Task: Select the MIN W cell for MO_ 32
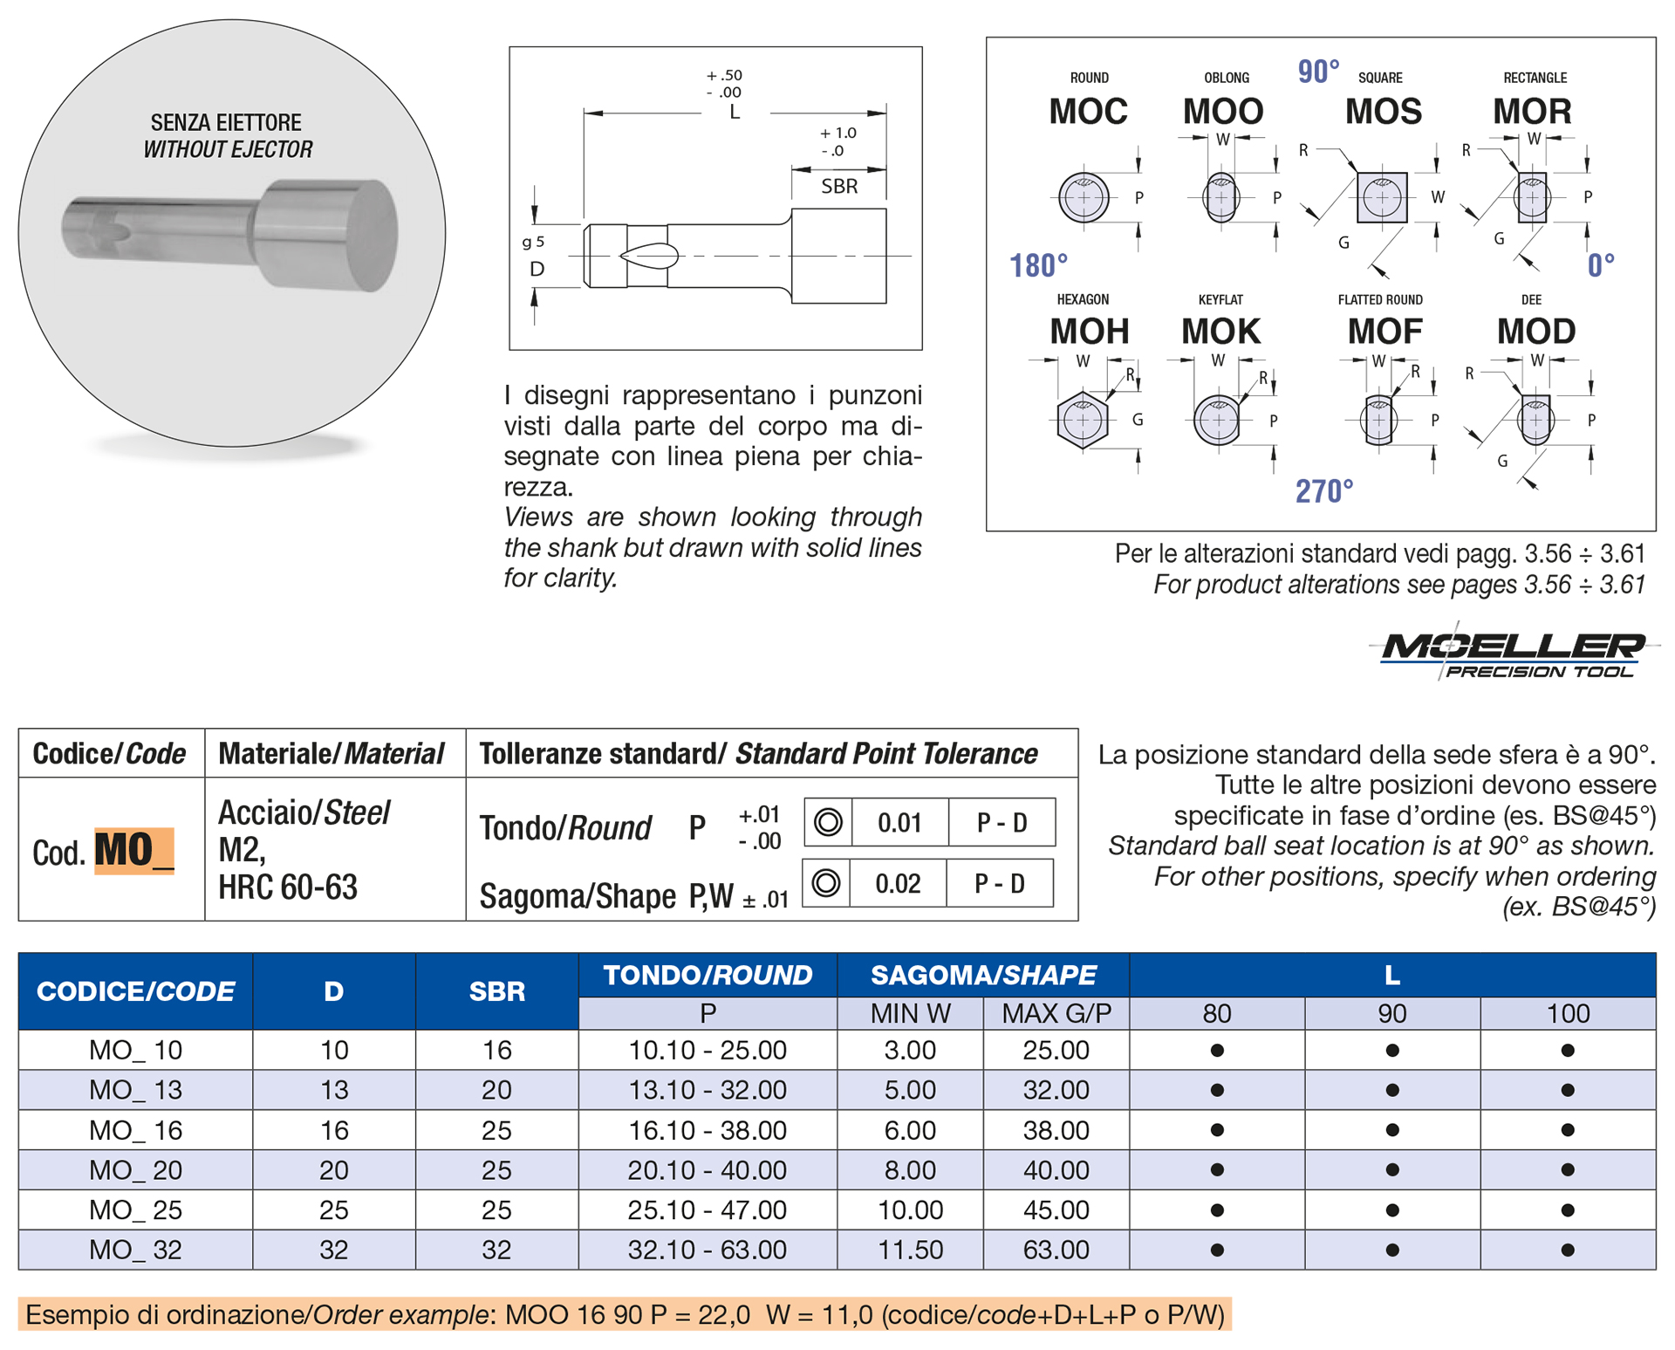coord(910,1250)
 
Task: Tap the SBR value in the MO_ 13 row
coord(496,1090)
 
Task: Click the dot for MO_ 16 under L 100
coord(1568,1130)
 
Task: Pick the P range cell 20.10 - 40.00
coord(707,1170)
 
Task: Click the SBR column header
coord(496,991)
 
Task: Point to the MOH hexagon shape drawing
coord(1083,421)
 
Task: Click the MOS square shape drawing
coord(1382,197)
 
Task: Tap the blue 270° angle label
coord(1323,491)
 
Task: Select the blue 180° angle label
coord(1038,265)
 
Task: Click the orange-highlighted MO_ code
coord(133,851)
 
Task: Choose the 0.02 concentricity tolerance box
coord(898,883)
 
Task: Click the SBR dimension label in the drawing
coord(839,186)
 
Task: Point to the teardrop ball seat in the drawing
coord(649,256)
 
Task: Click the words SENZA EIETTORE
coord(226,122)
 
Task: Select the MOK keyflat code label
coord(1220,332)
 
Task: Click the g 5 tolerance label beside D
coord(533,242)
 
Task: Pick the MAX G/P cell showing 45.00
coord(1056,1210)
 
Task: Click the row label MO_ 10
coord(135,1050)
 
